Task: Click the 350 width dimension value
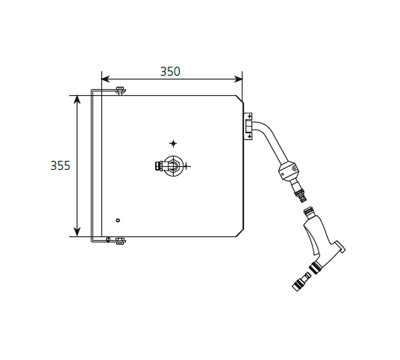(170, 71)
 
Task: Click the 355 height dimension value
(60, 165)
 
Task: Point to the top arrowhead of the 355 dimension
(77, 99)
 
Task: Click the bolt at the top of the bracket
(120, 90)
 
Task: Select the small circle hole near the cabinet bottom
(117, 220)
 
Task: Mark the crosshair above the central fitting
(173, 143)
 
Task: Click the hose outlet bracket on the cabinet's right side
(248, 126)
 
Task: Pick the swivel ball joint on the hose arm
(287, 171)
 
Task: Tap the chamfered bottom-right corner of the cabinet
(240, 233)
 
